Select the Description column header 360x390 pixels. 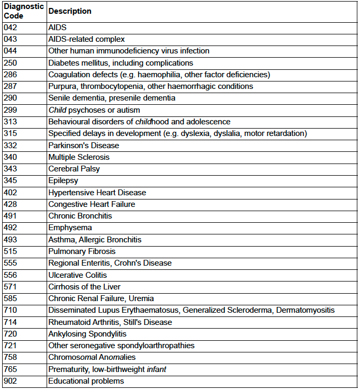(x=69, y=11)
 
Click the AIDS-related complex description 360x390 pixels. (x=86, y=39)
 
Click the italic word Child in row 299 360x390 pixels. (x=57, y=110)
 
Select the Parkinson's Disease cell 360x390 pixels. (x=84, y=146)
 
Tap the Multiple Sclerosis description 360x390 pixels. (x=79, y=157)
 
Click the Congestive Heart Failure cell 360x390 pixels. (x=92, y=204)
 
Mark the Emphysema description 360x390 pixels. (x=70, y=228)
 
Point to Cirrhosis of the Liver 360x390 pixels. (x=84, y=287)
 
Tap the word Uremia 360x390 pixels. (x=142, y=298)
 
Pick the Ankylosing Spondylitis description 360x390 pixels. (x=87, y=334)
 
